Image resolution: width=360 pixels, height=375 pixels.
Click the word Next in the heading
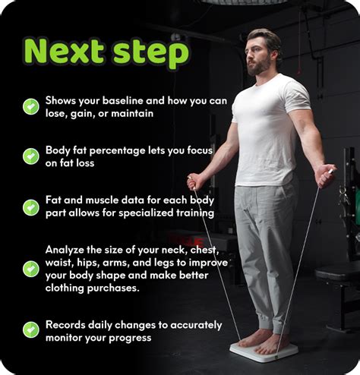point(64,50)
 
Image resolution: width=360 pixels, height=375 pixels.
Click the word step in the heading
point(151,53)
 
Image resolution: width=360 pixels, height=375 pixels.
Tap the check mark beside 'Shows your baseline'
point(31,106)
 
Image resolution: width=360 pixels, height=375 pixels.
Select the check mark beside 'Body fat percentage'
point(31,156)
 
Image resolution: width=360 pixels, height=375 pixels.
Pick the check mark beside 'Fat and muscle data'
point(31,207)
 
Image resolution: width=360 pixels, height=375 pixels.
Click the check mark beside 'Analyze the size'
point(31,269)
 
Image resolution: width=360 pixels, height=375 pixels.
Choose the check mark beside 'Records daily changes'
point(31,329)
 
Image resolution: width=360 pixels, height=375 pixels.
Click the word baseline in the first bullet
point(123,100)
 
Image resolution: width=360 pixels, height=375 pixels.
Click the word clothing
point(65,288)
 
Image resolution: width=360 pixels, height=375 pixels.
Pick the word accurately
point(196,326)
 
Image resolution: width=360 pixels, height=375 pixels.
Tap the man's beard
point(259,67)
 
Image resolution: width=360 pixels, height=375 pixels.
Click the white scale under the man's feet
point(264,351)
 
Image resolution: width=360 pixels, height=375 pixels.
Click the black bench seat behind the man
point(337,274)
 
